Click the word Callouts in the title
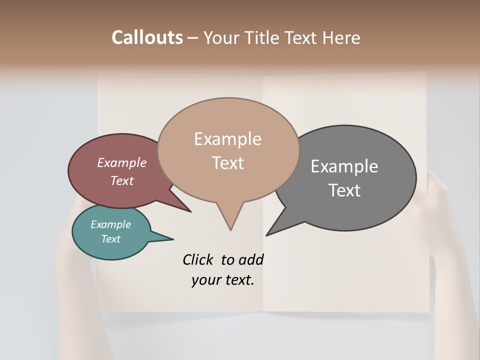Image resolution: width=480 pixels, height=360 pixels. (147, 37)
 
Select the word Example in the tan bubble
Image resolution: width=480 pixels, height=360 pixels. (227, 139)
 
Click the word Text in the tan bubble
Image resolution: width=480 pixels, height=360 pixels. (227, 162)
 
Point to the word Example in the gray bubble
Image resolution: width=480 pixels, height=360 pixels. (344, 166)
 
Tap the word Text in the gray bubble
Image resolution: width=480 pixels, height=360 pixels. (344, 190)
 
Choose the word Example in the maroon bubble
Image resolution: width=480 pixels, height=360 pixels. (121, 162)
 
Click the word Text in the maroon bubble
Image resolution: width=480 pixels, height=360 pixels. (121, 180)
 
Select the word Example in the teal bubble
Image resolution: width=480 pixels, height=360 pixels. (110, 224)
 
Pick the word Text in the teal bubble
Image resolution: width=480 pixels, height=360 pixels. (110, 239)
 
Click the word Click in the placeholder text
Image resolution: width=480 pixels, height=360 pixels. (198, 259)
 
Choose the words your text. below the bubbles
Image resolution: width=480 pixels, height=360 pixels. (222, 280)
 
